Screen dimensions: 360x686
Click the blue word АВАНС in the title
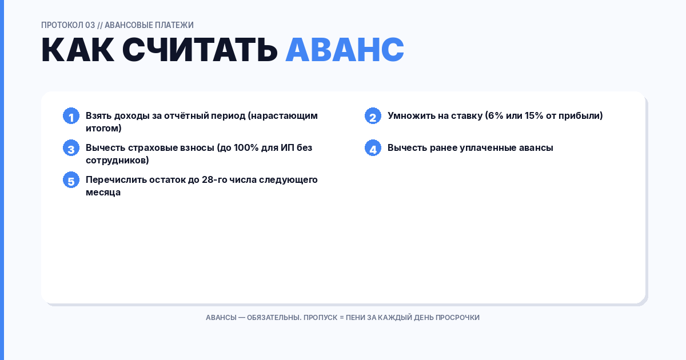[x=344, y=50]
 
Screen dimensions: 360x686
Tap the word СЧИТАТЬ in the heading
[x=200, y=50]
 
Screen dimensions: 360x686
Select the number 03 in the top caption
[x=90, y=25]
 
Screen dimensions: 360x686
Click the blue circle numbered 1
[x=71, y=116]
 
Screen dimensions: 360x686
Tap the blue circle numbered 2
[x=373, y=116]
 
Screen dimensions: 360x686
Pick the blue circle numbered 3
[x=71, y=148]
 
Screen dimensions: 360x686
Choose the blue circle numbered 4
[x=373, y=148]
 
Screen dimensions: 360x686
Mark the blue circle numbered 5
[x=71, y=180]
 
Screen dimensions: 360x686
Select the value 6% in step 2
[x=495, y=115]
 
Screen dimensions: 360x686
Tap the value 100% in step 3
[x=246, y=147]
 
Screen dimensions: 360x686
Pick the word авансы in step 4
[x=534, y=147]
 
